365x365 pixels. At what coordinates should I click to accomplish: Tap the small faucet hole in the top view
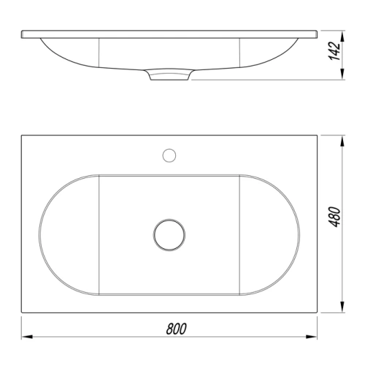pyautogui.click(x=169, y=155)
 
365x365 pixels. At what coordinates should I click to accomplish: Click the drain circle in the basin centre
pyautogui.click(x=169, y=235)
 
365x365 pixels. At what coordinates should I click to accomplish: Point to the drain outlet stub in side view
pyautogui.click(x=169, y=75)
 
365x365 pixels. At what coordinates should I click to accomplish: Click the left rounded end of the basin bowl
pyautogui.click(x=53, y=235)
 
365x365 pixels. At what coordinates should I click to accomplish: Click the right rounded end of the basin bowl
pyautogui.click(x=286, y=235)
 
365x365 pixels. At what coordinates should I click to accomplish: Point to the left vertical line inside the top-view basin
pyautogui.click(x=99, y=235)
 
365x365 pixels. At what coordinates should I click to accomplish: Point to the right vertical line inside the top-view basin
pyautogui.click(x=240, y=235)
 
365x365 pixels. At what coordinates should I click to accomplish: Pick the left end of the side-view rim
pyautogui.click(x=23, y=34)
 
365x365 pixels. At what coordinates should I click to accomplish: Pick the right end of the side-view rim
pyautogui.click(x=318, y=34)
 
